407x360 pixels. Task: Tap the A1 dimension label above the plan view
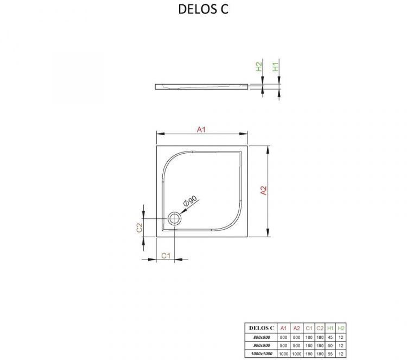coord(202,129)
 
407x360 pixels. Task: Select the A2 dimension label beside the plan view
coord(263,191)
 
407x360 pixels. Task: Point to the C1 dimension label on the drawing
coord(167,255)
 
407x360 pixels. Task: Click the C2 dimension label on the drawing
coord(139,228)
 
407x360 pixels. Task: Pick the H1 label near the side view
coord(276,67)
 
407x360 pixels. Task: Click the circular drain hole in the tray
coord(175,219)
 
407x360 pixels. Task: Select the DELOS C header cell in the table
coord(261,328)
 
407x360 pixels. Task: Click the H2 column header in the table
coord(340,328)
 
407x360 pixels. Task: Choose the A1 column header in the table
coord(283,328)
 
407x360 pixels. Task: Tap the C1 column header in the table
coord(309,328)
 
